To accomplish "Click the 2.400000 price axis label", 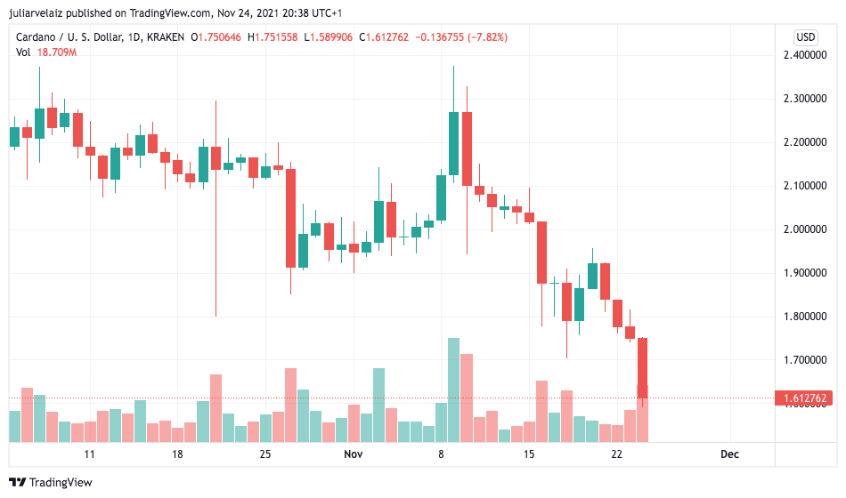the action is [x=804, y=55].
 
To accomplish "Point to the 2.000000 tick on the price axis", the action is [x=804, y=229].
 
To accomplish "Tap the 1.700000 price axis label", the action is [x=804, y=360].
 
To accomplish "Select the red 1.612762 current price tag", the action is [x=804, y=398].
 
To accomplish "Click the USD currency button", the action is [x=806, y=37].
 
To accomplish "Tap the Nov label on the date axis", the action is [x=354, y=454].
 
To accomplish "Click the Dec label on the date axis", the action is [x=729, y=454].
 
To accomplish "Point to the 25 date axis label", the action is [x=264, y=454].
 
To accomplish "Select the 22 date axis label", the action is [x=617, y=454].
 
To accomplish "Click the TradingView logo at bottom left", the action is [x=51, y=482].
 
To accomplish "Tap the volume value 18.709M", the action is [x=57, y=52].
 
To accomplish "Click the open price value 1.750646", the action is [x=220, y=37].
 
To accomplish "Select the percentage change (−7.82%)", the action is [x=487, y=37].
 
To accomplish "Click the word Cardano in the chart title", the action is [x=36, y=37].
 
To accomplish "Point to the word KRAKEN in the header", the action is [x=165, y=37].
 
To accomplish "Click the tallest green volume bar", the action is [x=454, y=390].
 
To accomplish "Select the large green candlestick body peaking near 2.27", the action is [x=454, y=143].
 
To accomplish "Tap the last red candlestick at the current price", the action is [x=643, y=368].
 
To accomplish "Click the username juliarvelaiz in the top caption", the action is [x=37, y=13].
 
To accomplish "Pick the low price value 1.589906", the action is [x=331, y=37].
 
